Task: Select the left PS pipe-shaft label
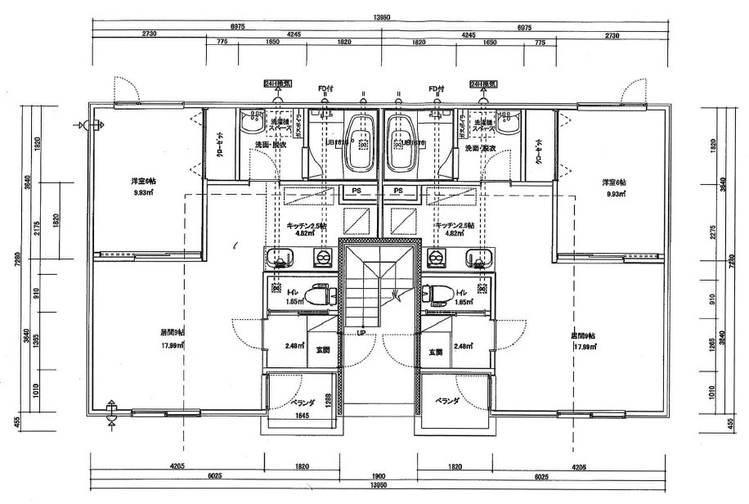point(357,191)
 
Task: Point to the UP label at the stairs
point(361,333)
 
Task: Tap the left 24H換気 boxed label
point(272,83)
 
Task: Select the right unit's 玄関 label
point(435,352)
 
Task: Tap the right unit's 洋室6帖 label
point(613,182)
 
